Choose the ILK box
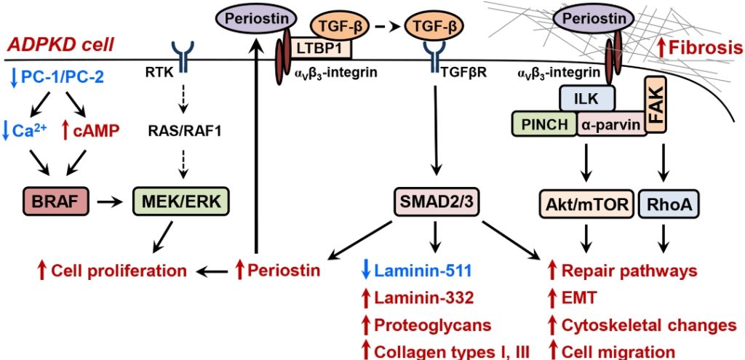[587, 97]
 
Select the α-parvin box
[612, 124]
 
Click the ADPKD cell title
[61, 44]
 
